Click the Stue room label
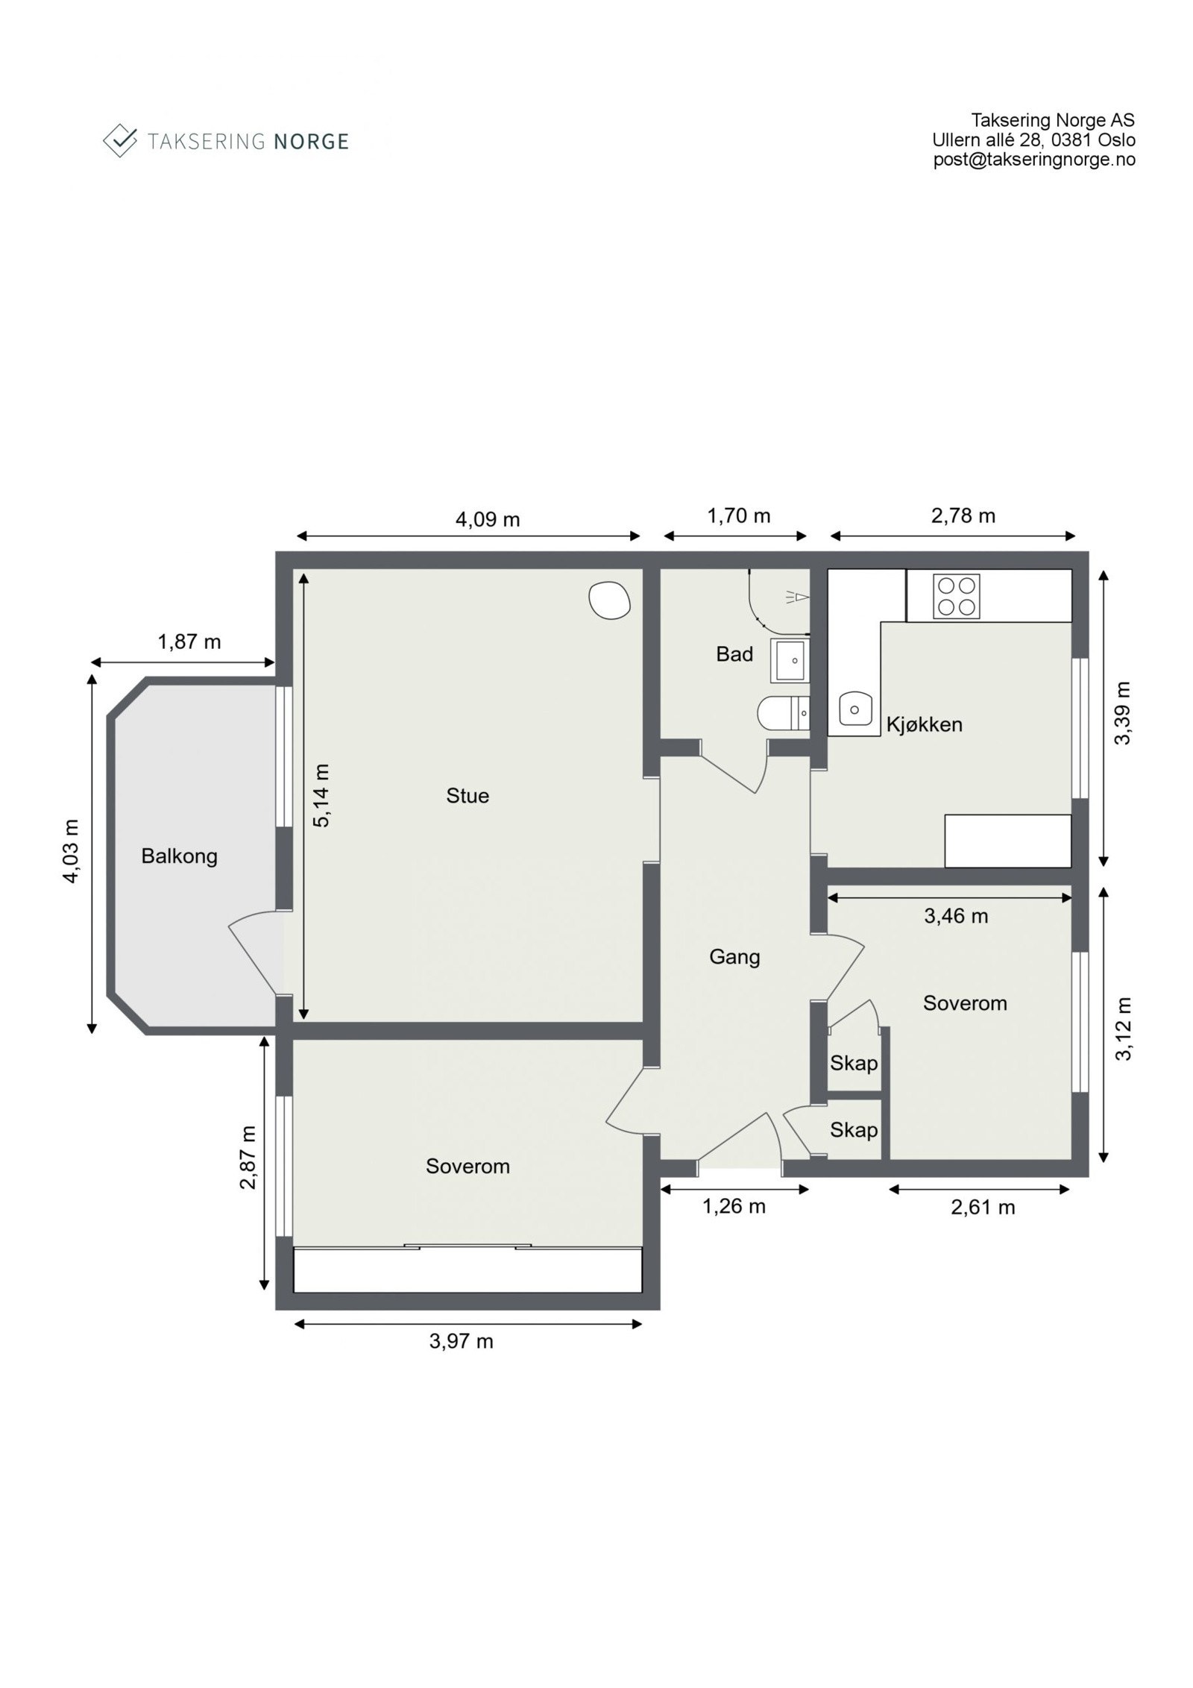(x=468, y=796)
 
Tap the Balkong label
(x=179, y=856)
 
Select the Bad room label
(x=734, y=654)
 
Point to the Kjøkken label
(x=924, y=724)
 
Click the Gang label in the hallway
(x=734, y=957)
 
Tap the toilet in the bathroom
(x=783, y=714)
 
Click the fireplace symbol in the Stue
(x=609, y=599)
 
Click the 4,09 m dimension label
(x=488, y=519)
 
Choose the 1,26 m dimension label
(x=734, y=1206)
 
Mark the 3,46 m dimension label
(x=956, y=916)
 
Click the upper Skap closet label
(x=854, y=1063)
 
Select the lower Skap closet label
(x=854, y=1130)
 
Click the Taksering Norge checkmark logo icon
(x=120, y=140)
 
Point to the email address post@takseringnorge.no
(x=1034, y=160)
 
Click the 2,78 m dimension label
(x=963, y=515)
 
